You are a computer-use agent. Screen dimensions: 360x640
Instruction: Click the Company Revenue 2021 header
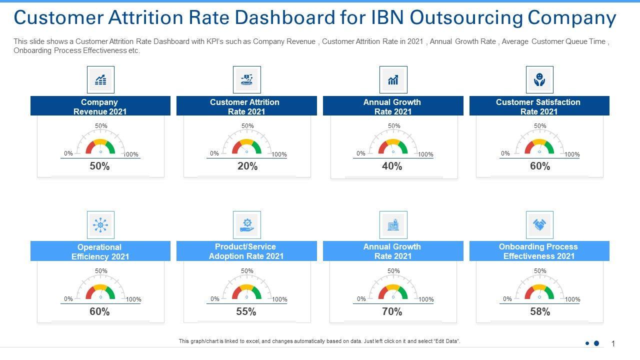click(100, 106)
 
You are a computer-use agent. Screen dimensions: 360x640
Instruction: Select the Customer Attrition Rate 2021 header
click(246, 106)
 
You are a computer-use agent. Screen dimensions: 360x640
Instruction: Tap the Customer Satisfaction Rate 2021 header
click(539, 106)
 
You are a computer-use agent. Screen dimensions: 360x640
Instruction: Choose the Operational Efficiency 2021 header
click(100, 251)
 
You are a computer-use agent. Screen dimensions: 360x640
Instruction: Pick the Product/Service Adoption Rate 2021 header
click(246, 251)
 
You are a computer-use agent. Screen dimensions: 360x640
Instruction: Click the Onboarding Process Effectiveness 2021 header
click(539, 251)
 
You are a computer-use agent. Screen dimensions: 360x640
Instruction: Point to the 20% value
click(247, 166)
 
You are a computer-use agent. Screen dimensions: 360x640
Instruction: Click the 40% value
click(392, 166)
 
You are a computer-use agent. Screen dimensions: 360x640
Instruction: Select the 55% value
click(246, 312)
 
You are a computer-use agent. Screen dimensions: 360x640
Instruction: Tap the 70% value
click(392, 312)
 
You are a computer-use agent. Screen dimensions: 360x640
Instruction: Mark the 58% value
click(540, 312)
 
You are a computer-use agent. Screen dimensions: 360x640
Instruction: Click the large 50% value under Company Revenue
click(99, 166)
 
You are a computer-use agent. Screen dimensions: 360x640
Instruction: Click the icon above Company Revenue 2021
click(100, 80)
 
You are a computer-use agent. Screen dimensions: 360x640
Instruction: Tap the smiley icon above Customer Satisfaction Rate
click(539, 80)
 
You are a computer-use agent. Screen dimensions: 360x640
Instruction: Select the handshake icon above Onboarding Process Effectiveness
click(539, 225)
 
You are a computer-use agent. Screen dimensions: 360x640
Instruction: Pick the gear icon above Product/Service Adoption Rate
click(247, 225)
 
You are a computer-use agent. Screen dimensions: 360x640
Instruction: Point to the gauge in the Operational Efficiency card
click(100, 288)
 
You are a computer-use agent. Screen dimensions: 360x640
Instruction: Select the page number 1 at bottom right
click(613, 343)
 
